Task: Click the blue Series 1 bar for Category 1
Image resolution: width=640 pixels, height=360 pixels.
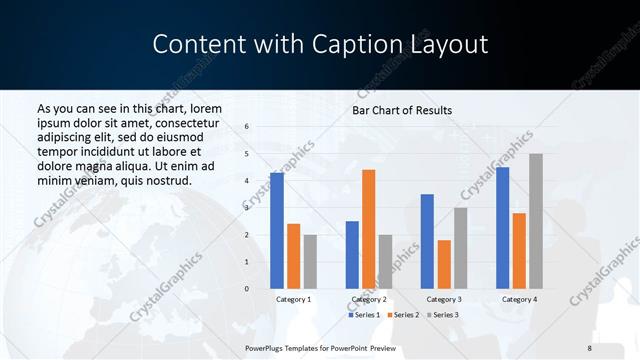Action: tap(277, 231)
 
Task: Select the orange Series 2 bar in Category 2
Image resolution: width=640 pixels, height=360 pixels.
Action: tap(368, 229)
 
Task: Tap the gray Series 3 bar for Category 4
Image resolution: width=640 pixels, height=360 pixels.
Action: tap(535, 221)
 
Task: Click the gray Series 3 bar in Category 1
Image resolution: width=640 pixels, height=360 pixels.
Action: tap(310, 262)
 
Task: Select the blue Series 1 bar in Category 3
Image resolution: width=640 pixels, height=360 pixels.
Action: tap(427, 241)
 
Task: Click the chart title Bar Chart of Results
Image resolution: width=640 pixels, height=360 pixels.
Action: tap(402, 110)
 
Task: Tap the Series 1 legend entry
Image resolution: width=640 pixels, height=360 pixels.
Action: tap(363, 315)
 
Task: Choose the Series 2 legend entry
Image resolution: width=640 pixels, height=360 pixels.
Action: tap(402, 315)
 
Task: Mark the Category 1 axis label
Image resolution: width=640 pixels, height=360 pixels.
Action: tap(293, 299)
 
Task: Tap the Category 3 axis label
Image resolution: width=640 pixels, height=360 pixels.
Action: tap(444, 299)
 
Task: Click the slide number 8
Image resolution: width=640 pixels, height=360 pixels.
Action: tap(590, 347)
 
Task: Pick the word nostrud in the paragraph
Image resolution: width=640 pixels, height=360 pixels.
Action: tap(165, 180)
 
